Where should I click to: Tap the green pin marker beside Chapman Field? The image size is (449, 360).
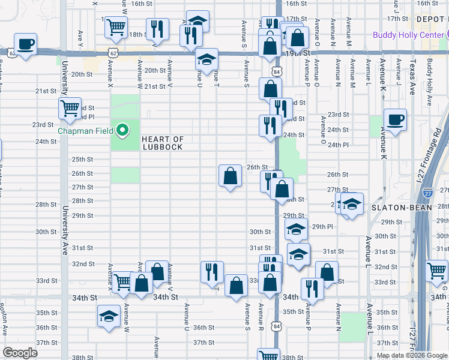point(123,130)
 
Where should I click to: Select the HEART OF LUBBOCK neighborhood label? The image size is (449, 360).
point(162,143)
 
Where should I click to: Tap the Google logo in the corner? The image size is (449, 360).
point(20,353)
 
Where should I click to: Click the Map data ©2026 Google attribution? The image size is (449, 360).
point(411,355)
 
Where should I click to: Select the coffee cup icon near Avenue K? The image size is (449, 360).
point(395,119)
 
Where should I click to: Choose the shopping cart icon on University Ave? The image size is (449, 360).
point(70,108)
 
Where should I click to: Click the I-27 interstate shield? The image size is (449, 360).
point(427,193)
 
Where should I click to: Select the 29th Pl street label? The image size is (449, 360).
point(322,226)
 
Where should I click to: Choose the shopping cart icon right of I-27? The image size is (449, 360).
point(436,271)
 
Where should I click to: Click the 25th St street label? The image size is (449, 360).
point(82,160)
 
